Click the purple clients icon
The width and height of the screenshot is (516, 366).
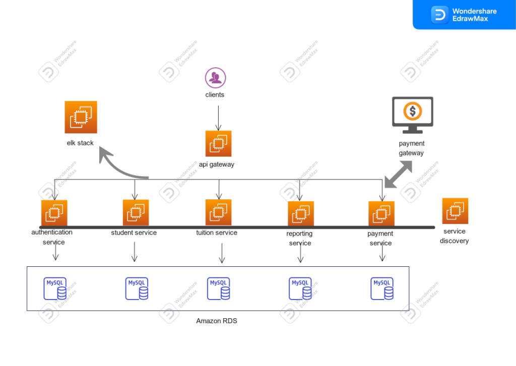[215, 78]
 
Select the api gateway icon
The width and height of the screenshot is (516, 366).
[218, 143]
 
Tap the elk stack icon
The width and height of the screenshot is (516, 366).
[81, 117]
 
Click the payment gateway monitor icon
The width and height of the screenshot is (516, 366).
[412, 115]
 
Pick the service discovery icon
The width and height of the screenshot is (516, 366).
[455, 211]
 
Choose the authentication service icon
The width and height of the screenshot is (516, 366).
[54, 213]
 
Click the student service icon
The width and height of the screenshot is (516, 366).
[136, 212]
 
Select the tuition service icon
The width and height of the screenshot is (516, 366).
[218, 212]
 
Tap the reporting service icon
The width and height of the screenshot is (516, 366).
[301, 214]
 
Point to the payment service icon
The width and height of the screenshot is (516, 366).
[381, 214]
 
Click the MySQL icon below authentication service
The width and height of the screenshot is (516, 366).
[55, 288]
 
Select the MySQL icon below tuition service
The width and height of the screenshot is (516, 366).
[219, 288]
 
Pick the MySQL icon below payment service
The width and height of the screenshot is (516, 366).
[382, 288]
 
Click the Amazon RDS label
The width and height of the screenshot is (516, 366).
[217, 321]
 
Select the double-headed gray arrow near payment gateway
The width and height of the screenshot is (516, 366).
[398, 175]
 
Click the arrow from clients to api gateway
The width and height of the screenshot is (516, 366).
[218, 118]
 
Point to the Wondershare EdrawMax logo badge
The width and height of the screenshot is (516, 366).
[464, 15]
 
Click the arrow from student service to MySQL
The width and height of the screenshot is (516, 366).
[135, 252]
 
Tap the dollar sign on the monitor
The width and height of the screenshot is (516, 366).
[412, 111]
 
